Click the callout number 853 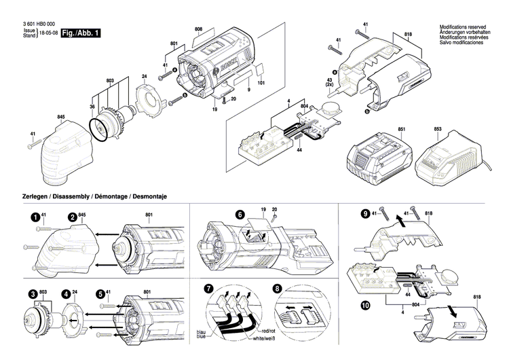point(438,128)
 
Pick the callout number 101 point(262,84)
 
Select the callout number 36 point(93,106)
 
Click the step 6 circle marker point(239,214)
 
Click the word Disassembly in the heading point(71,196)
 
